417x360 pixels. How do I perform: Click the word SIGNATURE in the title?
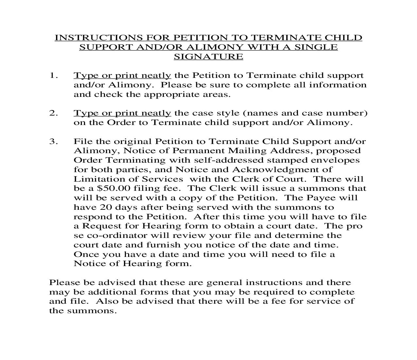(208, 57)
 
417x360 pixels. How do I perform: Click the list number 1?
(53, 76)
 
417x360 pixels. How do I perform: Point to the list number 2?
(53, 113)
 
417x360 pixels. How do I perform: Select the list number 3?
(53, 142)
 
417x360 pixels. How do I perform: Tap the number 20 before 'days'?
(106, 207)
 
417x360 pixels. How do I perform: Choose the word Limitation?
(94, 179)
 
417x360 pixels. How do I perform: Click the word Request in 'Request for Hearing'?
(99, 226)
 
